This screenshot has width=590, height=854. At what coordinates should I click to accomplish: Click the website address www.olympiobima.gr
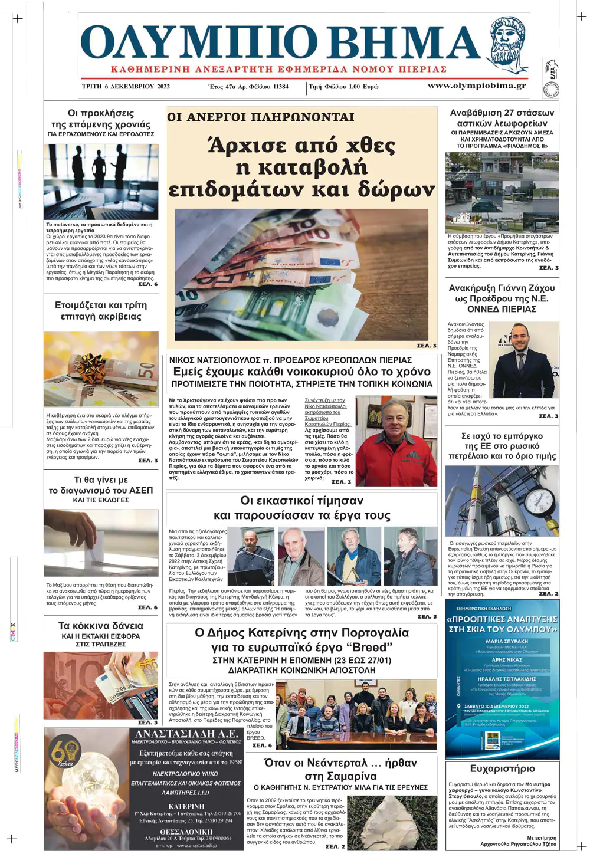click(x=476, y=86)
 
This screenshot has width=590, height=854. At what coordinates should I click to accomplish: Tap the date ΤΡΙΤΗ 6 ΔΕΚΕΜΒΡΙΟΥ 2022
click(x=126, y=86)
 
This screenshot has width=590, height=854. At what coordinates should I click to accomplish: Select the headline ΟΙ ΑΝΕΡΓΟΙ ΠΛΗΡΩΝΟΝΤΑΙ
click(x=261, y=117)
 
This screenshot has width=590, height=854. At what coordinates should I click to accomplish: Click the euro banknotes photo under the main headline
click(x=301, y=274)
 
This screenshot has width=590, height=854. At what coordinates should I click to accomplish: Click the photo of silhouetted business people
click(x=101, y=182)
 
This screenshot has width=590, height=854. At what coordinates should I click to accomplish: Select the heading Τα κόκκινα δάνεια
click(x=101, y=626)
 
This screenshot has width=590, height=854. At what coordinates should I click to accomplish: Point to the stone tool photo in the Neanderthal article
click(x=389, y=821)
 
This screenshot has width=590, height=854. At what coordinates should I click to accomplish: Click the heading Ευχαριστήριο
click(x=502, y=768)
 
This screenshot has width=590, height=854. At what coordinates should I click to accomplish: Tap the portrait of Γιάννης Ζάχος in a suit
click(x=523, y=360)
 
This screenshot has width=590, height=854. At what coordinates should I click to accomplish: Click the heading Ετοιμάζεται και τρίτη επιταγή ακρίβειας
click(x=101, y=311)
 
